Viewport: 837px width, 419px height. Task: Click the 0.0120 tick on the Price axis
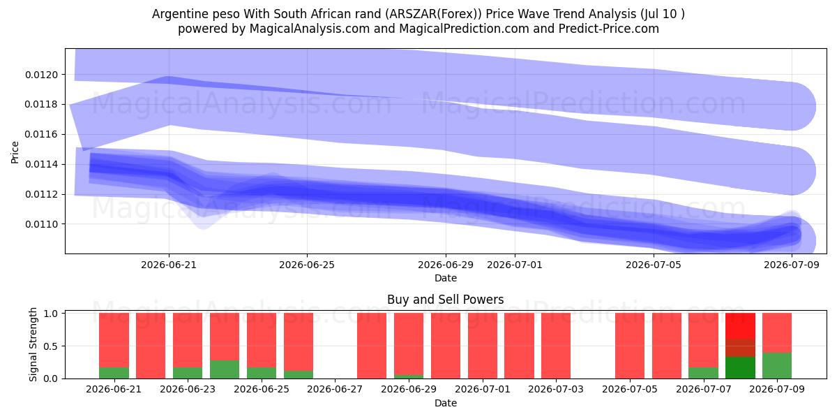pyautogui.click(x=41, y=75)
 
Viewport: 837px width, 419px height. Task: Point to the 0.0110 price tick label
pyautogui.click(x=41, y=224)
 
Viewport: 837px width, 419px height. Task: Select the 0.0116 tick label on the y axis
pyautogui.click(x=41, y=134)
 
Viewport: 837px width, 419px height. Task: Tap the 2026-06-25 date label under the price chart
pyautogui.click(x=307, y=265)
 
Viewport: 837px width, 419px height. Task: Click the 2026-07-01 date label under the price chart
pyautogui.click(x=515, y=265)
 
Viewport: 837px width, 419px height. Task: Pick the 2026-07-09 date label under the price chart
pyautogui.click(x=792, y=265)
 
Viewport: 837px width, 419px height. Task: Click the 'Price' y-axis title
pyautogui.click(x=15, y=152)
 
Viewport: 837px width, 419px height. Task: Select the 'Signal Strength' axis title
pyautogui.click(x=33, y=344)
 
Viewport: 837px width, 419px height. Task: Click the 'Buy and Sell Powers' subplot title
pyautogui.click(x=446, y=300)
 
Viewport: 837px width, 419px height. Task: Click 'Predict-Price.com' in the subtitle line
pyautogui.click(x=609, y=29)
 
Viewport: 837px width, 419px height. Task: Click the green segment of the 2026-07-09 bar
pyautogui.click(x=777, y=365)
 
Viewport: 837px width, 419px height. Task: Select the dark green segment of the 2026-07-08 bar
pyautogui.click(x=740, y=368)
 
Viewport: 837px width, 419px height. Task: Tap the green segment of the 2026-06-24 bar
pyautogui.click(x=225, y=369)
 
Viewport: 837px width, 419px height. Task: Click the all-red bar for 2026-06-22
pyautogui.click(x=151, y=346)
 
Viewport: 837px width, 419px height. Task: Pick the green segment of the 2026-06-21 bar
pyautogui.click(x=114, y=373)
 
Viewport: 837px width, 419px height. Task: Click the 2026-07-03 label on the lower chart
pyautogui.click(x=556, y=390)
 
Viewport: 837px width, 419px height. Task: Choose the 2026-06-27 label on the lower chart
pyautogui.click(x=335, y=390)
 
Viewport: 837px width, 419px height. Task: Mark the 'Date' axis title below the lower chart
pyautogui.click(x=446, y=403)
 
